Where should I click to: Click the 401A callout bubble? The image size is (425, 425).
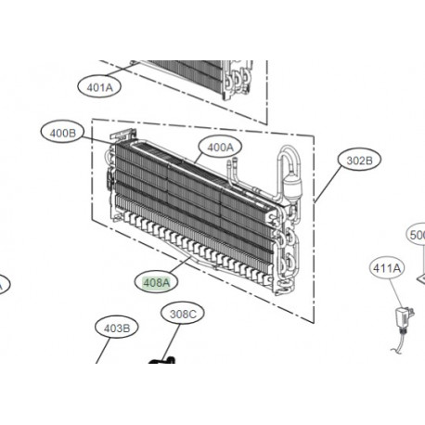click(98, 87)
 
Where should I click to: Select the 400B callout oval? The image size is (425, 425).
click(62, 134)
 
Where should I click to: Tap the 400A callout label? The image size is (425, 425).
click(219, 147)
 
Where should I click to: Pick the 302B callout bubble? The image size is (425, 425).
click(358, 161)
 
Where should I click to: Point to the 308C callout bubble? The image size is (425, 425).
click(184, 316)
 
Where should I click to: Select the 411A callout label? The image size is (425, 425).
click(387, 269)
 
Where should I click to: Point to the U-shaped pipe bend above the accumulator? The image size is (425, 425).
click(283, 155)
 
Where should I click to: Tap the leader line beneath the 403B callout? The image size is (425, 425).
click(103, 350)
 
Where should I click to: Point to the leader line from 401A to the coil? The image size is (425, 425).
click(130, 72)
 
